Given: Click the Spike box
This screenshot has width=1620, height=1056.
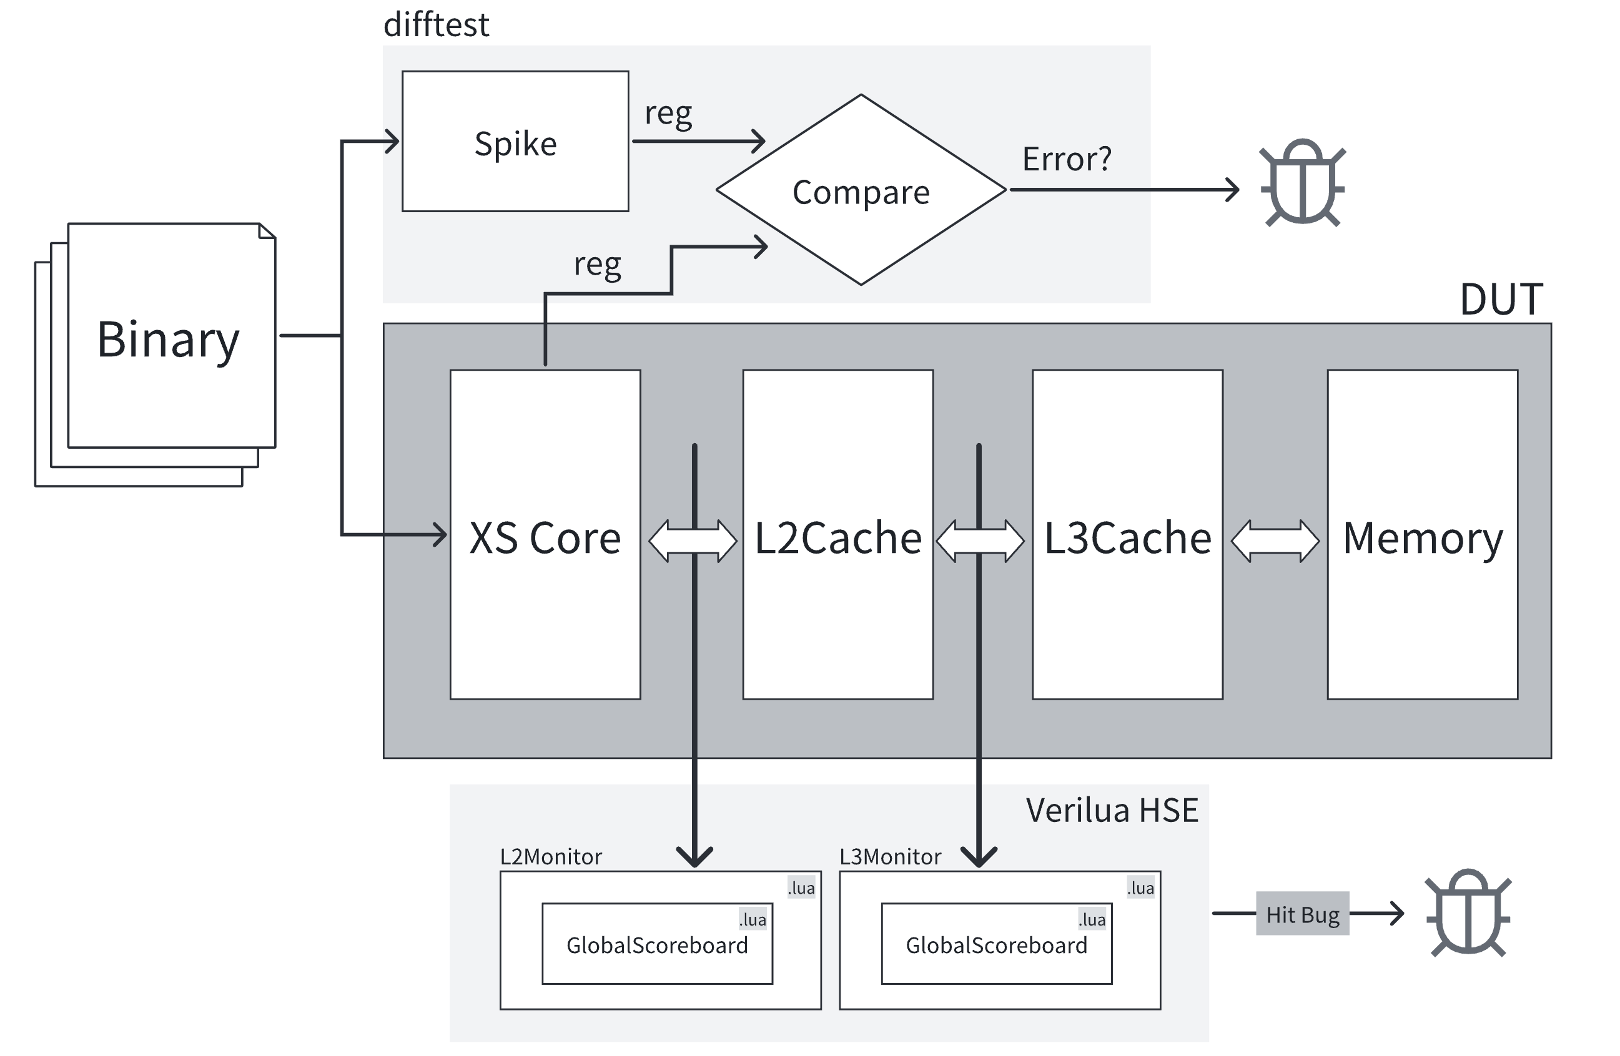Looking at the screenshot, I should pos(515,142).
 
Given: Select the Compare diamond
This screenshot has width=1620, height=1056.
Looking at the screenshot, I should pos(861,191).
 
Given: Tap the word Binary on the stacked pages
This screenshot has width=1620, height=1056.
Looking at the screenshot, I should pos(168,339).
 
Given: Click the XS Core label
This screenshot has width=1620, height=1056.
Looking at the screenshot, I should pos(545,537).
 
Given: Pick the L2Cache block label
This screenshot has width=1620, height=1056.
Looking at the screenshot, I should pos(838,537).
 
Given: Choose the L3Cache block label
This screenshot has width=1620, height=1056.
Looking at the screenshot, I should pos(1128,537).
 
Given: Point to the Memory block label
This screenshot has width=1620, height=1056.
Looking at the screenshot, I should pos(1423,537).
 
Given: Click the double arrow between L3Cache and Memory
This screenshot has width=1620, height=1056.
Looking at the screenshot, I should pos(1275,541).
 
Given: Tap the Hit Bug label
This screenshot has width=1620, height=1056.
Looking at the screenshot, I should pos(1302,914).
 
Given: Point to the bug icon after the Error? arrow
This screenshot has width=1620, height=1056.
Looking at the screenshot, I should pos(1302,182).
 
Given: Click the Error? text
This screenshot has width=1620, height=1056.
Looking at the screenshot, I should pos(1067,159).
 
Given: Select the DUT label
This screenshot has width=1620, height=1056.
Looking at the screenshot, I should pos(1501,299).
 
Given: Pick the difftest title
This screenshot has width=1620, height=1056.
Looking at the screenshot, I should pos(437,25).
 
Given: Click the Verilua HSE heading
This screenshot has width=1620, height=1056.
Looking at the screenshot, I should pos(1112,810).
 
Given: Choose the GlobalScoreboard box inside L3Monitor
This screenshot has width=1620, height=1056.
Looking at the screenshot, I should pos(997,944).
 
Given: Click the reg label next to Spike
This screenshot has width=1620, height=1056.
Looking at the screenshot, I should pos(668,113).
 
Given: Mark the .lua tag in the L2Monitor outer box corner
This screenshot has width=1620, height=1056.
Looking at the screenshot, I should pos(801,888).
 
